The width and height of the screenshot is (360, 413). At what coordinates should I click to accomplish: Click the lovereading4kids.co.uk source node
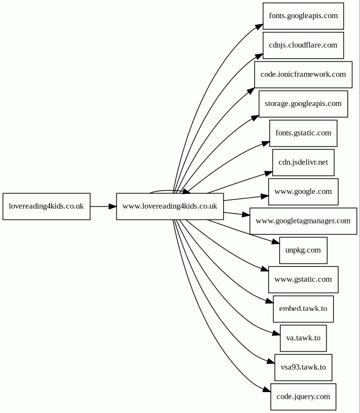click(46, 206)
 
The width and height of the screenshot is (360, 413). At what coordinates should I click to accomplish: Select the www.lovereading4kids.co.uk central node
click(170, 206)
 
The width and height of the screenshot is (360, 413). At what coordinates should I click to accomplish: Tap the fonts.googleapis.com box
click(303, 16)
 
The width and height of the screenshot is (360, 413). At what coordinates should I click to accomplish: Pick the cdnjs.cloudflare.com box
click(303, 45)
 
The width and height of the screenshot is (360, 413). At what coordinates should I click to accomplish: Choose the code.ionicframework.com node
click(303, 75)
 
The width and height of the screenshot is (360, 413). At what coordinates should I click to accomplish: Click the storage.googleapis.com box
click(303, 104)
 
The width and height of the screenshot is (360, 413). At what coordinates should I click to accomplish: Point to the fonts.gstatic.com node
click(303, 133)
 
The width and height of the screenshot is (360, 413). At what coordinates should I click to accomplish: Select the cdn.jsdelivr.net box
click(303, 163)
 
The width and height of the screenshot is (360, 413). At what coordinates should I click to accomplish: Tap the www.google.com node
click(303, 192)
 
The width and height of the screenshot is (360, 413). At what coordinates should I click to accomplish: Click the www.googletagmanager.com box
click(303, 221)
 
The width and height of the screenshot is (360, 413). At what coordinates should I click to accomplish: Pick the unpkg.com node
click(303, 250)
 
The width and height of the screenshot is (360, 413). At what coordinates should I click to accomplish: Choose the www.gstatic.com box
click(303, 280)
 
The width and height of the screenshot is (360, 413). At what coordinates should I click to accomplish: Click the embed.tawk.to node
click(303, 309)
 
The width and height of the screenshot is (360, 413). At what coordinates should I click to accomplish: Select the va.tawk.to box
click(303, 338)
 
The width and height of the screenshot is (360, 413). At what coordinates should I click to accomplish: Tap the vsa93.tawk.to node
click(303, 367)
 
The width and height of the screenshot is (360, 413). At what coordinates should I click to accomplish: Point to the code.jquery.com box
click(303, 397)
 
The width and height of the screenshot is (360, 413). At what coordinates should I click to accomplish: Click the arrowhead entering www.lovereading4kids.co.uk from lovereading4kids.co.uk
click(113, 206)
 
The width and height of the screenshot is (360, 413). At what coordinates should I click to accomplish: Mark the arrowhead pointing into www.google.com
click(265, 196)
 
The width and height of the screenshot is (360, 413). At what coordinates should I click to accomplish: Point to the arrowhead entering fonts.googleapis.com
click(259, 26)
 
